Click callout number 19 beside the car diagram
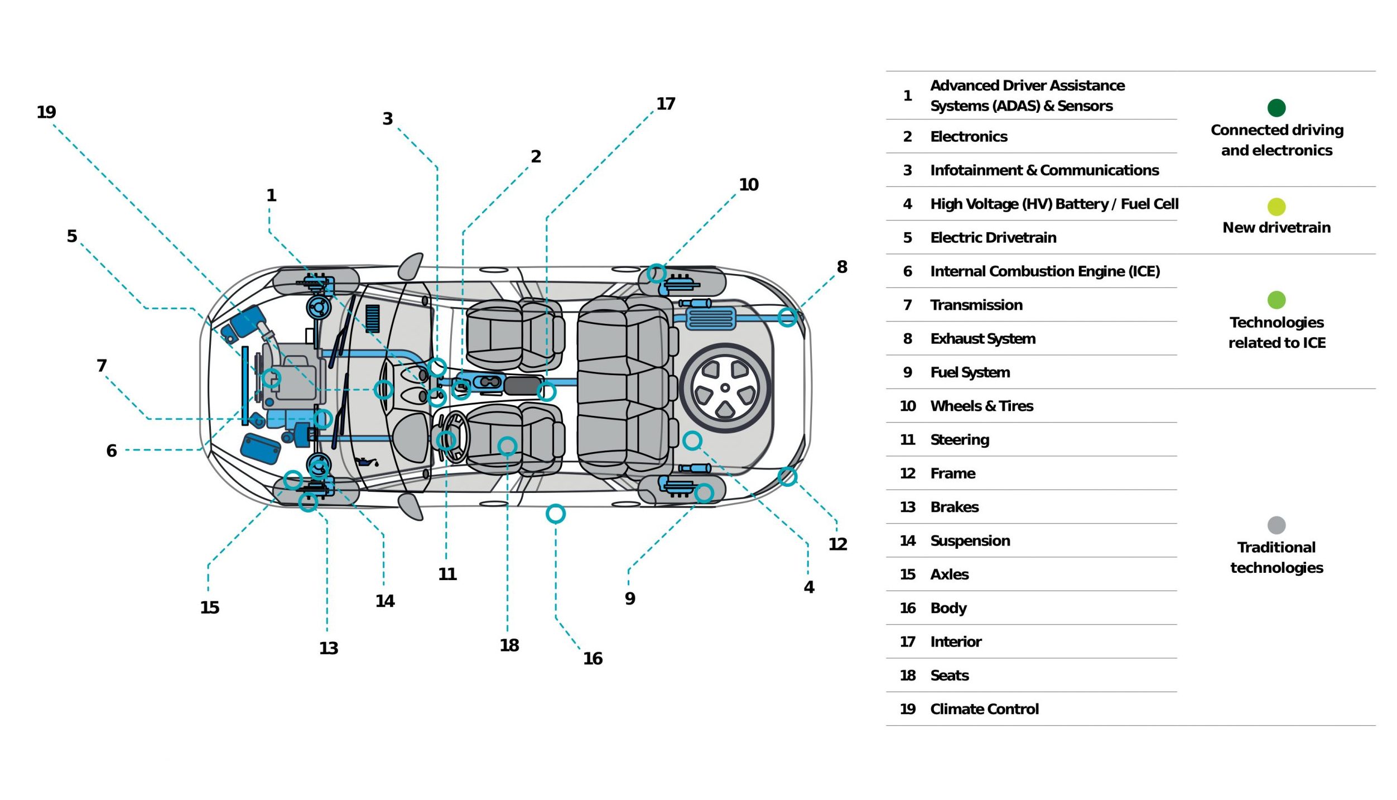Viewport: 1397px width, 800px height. click(46, 112)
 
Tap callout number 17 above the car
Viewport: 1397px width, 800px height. click(666, 104)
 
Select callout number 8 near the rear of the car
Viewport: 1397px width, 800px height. click(842, 267)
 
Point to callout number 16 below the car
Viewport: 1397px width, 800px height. click(592, 658)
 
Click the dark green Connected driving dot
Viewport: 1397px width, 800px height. click(1276, 108)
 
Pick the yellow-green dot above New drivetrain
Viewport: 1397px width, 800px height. click(1276, 207)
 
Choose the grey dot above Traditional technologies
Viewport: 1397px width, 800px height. click(1276, 525)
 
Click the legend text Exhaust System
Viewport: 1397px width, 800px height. click(982, 339)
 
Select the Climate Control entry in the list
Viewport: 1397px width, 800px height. click(984, 709)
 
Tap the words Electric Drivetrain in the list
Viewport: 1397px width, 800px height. click(993, 238)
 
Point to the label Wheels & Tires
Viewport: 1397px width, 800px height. click(981, 406)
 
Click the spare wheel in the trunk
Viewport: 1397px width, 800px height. click(725, 388)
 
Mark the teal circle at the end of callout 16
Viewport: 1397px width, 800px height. click(556, 514)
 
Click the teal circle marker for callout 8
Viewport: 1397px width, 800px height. click(787, 318)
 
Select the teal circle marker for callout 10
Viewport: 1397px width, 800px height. click(656, 274)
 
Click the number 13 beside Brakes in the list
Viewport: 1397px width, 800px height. click(908, 507)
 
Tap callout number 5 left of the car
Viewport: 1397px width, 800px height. click(72, 236)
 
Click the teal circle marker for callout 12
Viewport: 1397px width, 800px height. click(787, 476)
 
